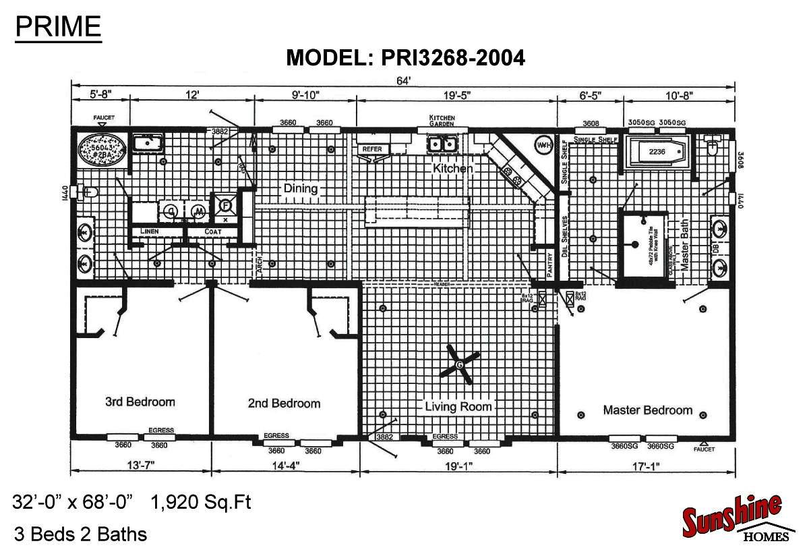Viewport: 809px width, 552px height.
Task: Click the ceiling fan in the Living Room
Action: tap(460, 364)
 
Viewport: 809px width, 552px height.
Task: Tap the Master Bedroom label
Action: tap(647, 410)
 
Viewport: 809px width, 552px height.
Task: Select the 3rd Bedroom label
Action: tap(140, 402)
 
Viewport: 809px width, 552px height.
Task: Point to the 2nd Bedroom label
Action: tap(284, 403)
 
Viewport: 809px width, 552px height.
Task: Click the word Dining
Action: tap(300, 188)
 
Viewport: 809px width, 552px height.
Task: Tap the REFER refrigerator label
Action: tap(372, 148)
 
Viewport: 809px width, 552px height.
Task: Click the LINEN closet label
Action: tap(149, 231)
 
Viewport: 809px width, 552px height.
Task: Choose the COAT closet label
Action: tap(204, 231)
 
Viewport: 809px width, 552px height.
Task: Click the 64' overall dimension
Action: tap(404, 81)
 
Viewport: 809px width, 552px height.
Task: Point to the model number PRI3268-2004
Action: tap(405, 58)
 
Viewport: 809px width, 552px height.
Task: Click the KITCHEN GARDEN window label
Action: tap(442, 121)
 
